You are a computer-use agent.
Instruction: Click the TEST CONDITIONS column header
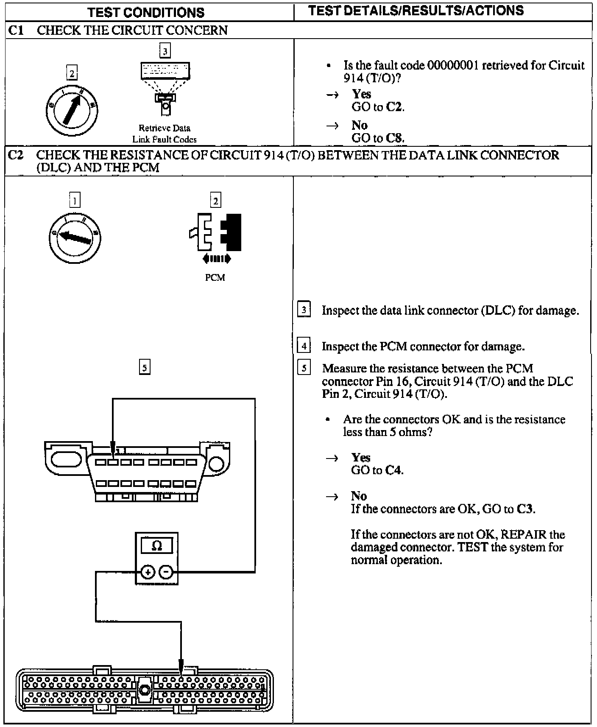click(x=146, y=12)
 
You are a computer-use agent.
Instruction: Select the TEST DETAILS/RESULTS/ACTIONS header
click(x=416, y=11)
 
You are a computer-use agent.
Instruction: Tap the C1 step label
click(x=16, y=31)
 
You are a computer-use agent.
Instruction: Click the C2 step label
click(x=15, y=155)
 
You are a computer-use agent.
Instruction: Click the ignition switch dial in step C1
click(x=72, y=110)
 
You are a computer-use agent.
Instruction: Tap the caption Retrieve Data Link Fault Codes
click(x=165, y=133)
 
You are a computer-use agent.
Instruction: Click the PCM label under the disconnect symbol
click(x=215, y=277)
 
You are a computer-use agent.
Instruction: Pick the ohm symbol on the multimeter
click(x=156, y=545)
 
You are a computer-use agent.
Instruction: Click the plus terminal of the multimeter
click(x=148, y=572)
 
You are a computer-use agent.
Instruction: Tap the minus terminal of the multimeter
click(x=166, y=572)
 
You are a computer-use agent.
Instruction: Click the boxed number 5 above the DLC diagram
click(x=145, y=367)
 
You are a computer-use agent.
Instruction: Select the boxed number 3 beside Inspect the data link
click(x=304, y=310)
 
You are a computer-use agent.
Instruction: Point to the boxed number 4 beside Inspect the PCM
click(x=304, y=346)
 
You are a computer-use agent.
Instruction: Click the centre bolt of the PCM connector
click(x=145, y=690)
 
